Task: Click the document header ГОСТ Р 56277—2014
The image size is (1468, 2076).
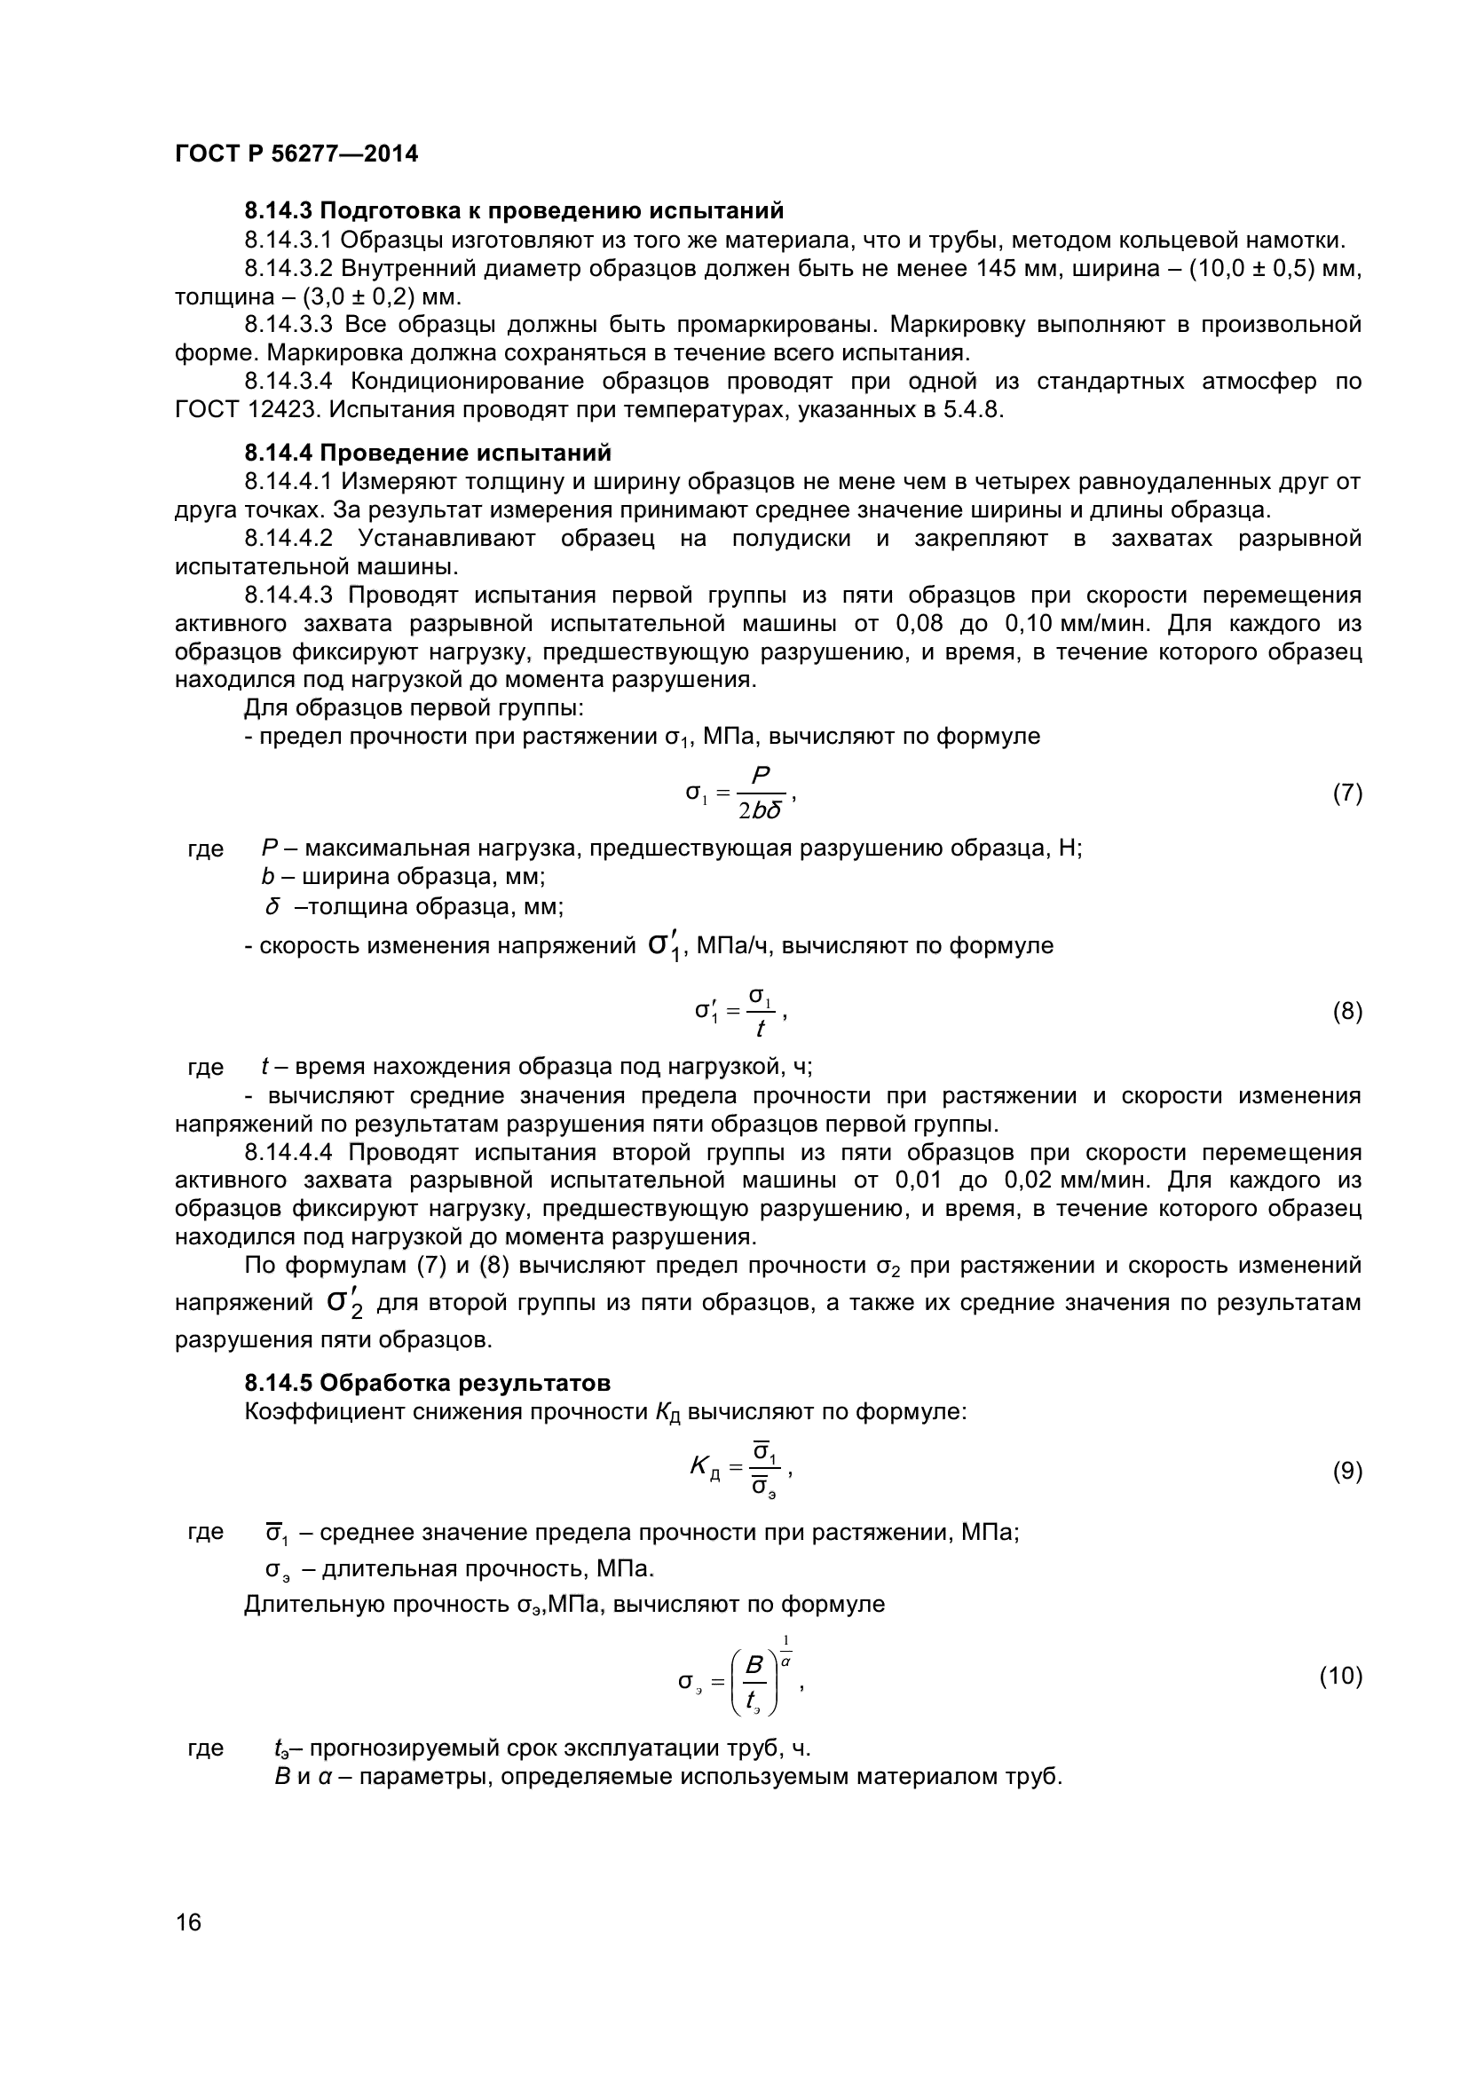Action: click(x=296, y=154)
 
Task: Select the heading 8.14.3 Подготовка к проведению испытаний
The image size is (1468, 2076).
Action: click(x=513, y=211)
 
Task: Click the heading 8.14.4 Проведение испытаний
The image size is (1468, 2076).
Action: click(x=428, y=453)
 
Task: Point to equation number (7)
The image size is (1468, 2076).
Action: click(x=1347, y=793)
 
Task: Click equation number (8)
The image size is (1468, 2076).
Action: click(x=1347, y=1011)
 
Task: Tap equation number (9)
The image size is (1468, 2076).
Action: click(x=1347, y=1471)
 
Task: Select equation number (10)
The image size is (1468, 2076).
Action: click(x=1340, y=1676)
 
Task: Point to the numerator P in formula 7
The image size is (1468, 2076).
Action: click(x=761, y=777)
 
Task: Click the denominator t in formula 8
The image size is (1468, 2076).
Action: click(x=761, y=1029)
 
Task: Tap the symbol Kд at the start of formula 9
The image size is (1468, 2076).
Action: click(x=704, y=1469)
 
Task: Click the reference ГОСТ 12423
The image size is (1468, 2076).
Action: click(x=247, y=409)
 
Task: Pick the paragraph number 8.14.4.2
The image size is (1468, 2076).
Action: click(x=288, y=539)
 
